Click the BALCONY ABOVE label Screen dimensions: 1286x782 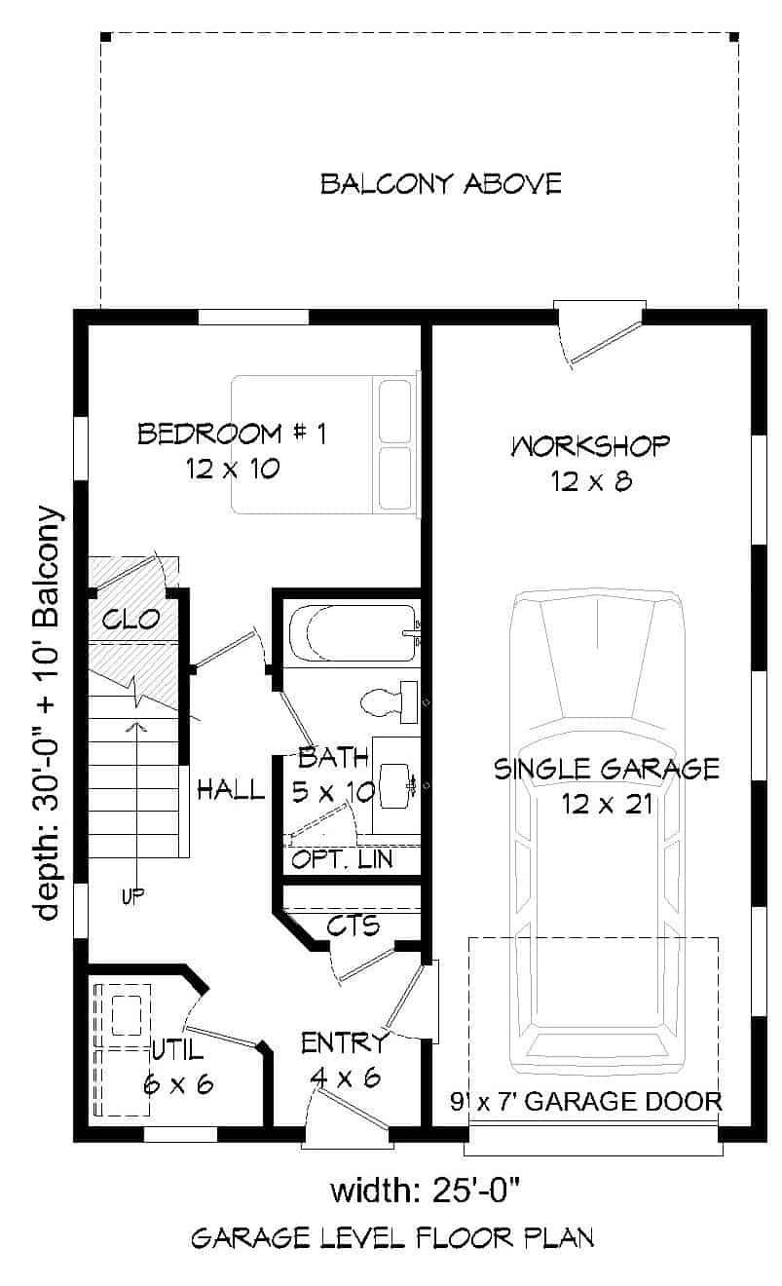click(441, 183)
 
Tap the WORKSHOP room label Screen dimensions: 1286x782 click(590, 446)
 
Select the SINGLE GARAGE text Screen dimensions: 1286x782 click(606, 769)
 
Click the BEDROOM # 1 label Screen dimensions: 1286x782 click(232, 434)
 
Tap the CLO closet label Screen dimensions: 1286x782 click(131, 619)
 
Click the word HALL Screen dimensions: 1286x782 click(231, 789)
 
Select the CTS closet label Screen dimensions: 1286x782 click(353, 924)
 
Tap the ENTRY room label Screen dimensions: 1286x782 click(345, 1043)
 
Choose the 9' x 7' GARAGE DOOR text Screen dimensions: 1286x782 click(586, 1102)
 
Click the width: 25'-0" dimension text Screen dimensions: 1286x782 click(429, 1190)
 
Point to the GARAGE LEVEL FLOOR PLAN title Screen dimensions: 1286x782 click(392, 1239)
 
